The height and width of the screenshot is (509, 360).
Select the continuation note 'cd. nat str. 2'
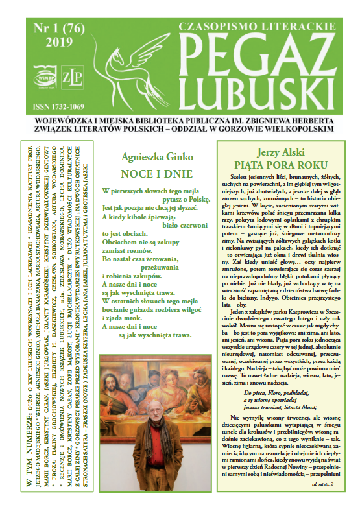click(x=322, y=484)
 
